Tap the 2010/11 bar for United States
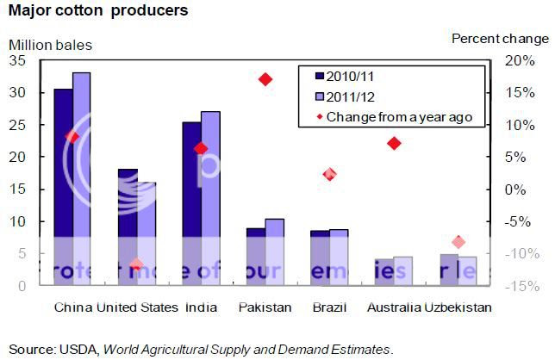point(127,227)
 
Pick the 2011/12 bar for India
point(209,198)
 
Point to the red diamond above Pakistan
point(265,79)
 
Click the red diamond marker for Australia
point(394,143)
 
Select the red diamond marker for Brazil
point(329,174)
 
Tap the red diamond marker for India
point(201,148)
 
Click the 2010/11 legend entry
point(346,75)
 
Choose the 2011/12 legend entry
point(346,96)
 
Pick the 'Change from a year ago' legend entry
point(392,116)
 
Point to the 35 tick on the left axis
point(17,60)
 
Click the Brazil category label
point(329,307)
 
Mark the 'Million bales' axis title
point(49,43)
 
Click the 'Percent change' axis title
point(500,38)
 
